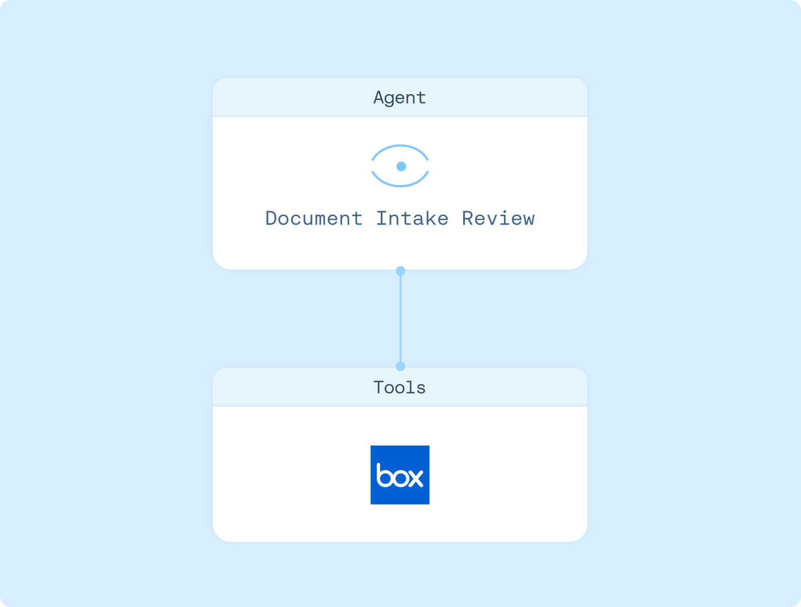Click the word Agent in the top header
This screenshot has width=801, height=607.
point(400,98)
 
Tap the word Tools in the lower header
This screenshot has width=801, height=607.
point(400,388)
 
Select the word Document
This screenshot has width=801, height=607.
point(314,219)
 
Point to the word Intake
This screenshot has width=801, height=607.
point(412,219)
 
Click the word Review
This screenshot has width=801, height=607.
point(498,219)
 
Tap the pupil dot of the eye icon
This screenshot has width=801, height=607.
point(401,167)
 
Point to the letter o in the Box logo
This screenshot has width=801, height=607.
point(400,478)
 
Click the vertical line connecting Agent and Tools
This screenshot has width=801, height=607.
point(400,318)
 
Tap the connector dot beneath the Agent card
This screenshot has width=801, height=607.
point(400,271)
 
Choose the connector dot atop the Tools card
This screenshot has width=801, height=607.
point(400,366)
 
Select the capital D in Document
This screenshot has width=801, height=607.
point(271,219)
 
